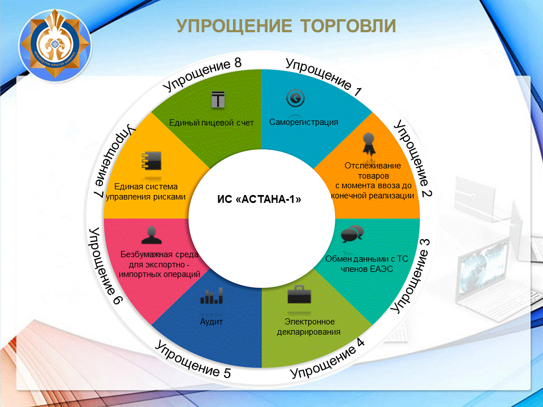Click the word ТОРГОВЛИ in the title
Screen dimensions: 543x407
coord(348,26)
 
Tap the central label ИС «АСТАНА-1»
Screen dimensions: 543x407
coord(260,200)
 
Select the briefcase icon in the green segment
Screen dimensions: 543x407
coord(299,295)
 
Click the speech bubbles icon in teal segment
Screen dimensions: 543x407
coord(352,233)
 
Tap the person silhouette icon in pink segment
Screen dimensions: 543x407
coord(152,235)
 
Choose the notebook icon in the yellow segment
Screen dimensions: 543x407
coord(152,161)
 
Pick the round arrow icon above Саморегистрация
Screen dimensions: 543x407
coord(295,98)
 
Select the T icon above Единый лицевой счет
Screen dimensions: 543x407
coord(218,99)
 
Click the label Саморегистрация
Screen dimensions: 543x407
coord(304,122)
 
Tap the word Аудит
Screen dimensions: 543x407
coord(211,322)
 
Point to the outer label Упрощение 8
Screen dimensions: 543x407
coord(202,75)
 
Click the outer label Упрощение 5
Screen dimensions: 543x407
coord(192,360)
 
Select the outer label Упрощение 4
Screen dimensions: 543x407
coord(327,358)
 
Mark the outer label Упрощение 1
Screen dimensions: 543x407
coord(324,77)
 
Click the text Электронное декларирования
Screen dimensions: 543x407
coord(309,327)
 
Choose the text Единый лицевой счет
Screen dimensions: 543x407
coord(211,123)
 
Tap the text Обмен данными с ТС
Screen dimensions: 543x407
coord(367,259)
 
